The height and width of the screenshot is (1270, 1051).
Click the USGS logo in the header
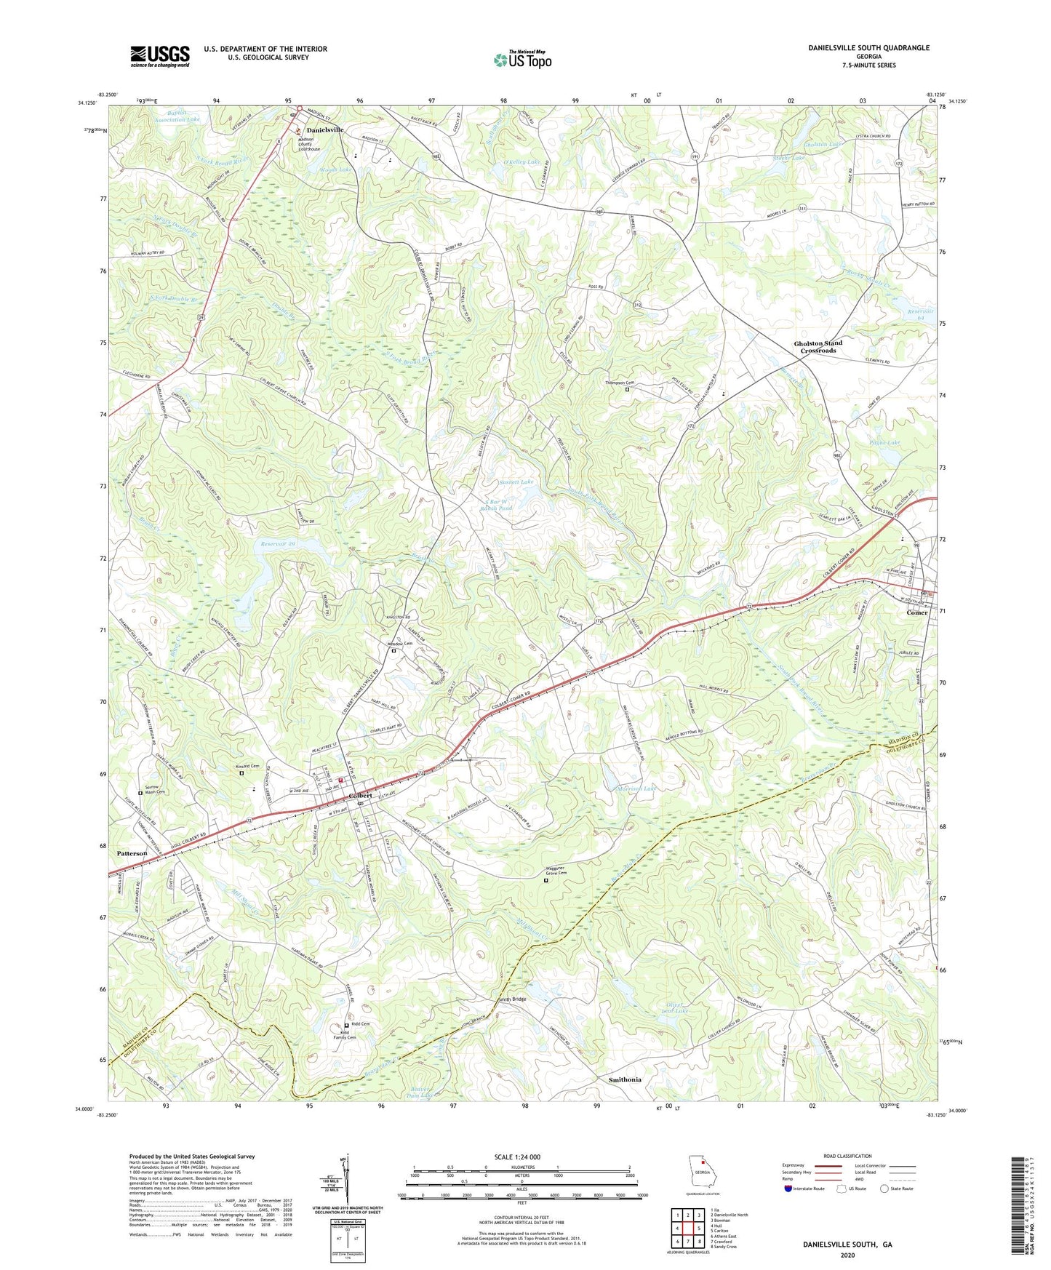(x=160, y=55)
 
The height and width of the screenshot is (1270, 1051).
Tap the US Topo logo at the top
(x=522, y=59)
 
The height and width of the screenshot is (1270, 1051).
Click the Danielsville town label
(x=324, y=129)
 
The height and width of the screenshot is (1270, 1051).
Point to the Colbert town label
(x=361, y=795)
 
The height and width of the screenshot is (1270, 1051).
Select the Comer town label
(x=916, y=612)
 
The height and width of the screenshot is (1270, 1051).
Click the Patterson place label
(x=132, y=853)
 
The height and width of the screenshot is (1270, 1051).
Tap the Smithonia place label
(x=624, y=1079)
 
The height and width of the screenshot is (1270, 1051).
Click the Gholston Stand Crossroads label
(x=818, y=346)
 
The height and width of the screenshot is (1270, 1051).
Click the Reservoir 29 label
(x=280, y=543)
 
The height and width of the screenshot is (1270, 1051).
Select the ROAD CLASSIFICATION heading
(x=848, y=1156)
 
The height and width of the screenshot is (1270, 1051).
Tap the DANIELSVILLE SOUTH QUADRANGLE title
(x=868, y=48)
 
